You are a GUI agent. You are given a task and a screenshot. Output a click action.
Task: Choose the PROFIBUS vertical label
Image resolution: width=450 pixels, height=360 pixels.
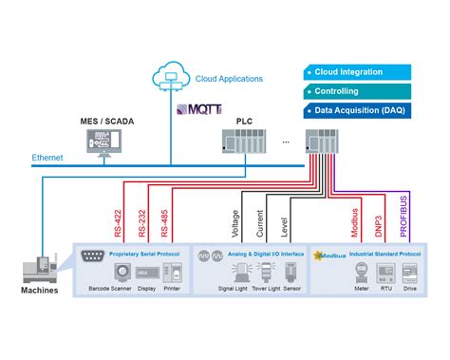[x=404, y=214]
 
